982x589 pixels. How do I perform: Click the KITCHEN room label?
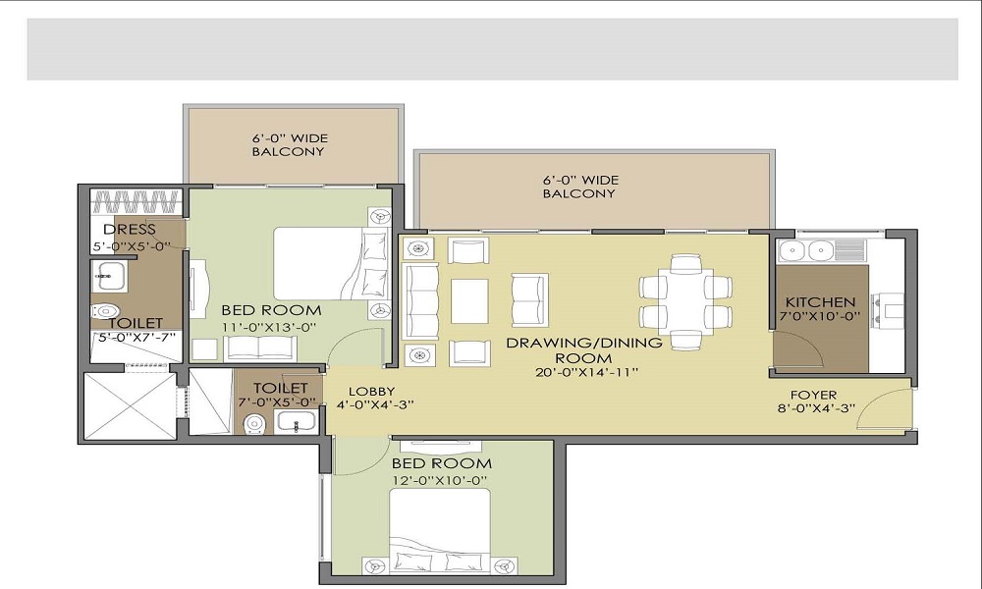tap(820, 302)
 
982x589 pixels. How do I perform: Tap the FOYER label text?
tap(814, 396)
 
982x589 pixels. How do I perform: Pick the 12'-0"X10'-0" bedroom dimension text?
tap(440, 480)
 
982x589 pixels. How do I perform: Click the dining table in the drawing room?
tap(685, 301)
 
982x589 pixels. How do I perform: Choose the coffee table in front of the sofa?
tap(469, 300)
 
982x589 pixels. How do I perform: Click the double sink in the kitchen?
tap(806, 251)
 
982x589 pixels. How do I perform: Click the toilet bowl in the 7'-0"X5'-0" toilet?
tap(254, 424)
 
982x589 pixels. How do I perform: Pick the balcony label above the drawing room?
tap(578, 187)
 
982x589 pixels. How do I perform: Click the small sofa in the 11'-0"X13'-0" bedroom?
tap(259, 348)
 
